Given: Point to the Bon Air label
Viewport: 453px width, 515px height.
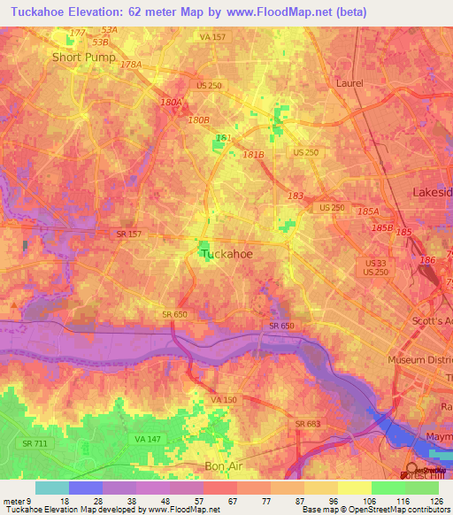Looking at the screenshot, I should (x=223, y=465).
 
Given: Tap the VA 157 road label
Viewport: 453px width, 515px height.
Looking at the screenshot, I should (x=212, y=37).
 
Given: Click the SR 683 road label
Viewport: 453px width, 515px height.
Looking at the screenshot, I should (x=308, y=425).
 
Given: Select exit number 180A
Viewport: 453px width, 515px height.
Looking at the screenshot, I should (x=171, y=103).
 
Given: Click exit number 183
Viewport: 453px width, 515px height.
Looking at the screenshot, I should (x=295, y=196).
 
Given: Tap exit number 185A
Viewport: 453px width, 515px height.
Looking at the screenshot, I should (x=366, y=211).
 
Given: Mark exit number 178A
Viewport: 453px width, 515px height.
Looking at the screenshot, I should (x=131, y=65).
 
